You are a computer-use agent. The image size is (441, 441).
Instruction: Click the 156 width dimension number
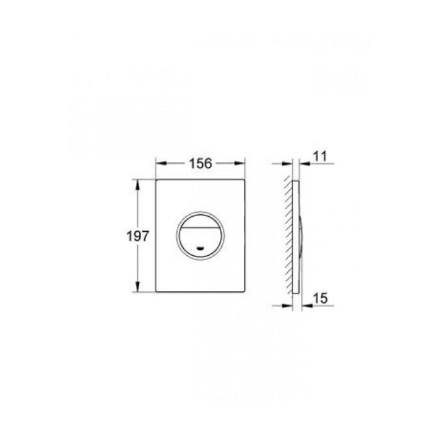[x=200, y=164]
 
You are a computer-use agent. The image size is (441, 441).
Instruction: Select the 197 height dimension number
[x=137, y=236]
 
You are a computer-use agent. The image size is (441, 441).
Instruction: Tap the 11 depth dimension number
[x=320, y=156]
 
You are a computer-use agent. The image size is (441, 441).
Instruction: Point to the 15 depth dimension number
[x=320, y=298]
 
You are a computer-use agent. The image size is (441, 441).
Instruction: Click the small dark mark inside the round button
[x=200, y=248]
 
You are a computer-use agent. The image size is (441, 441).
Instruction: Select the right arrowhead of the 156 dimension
[x=239, y=163]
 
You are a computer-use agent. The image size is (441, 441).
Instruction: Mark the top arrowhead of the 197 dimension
[x=137, y=185]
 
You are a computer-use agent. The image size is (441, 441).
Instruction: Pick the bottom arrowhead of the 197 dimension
[x=137, y=286]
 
